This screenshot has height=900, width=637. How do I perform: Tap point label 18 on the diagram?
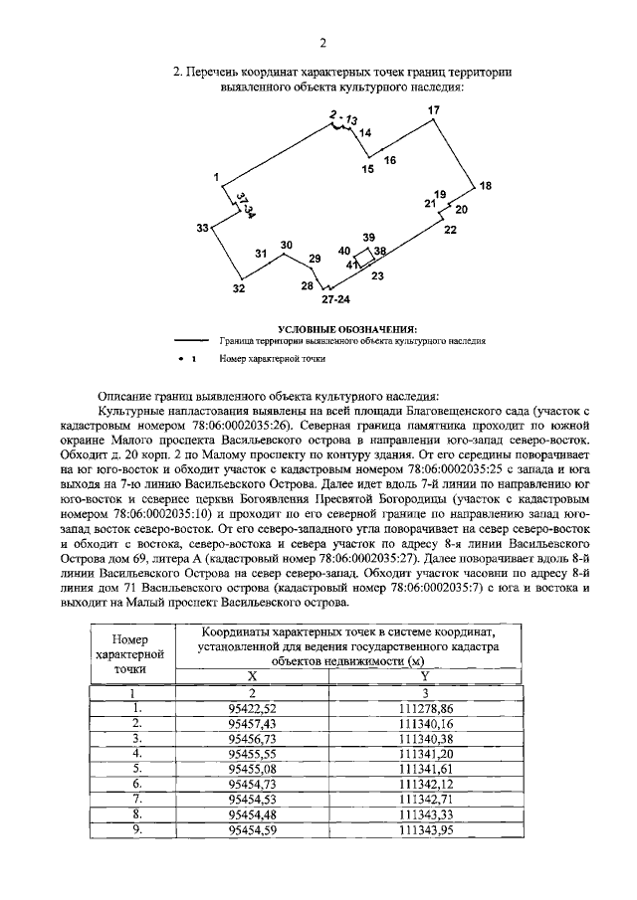click(485, 186)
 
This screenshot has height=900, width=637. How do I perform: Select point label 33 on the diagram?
click(202, 229)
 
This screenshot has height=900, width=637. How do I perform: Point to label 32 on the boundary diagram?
click(239, 288)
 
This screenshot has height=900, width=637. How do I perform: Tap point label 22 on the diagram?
click(450, 230)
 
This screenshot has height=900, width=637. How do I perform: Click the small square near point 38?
click(365, 257)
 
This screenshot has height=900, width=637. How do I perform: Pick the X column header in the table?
click(252, 673)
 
